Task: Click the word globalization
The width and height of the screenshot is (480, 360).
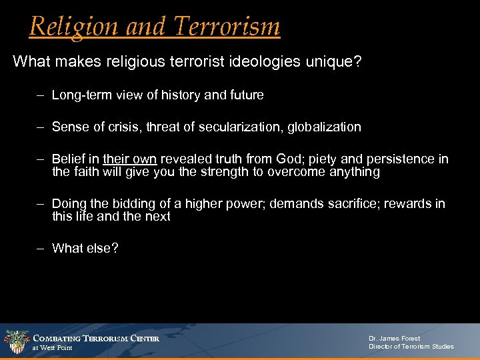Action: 328,127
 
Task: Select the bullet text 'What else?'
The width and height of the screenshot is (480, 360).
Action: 85,248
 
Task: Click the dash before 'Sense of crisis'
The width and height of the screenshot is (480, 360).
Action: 41,127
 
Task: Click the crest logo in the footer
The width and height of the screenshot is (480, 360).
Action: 16,341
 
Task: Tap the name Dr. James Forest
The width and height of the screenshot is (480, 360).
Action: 394,339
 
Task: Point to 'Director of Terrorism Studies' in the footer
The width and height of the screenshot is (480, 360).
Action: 411,347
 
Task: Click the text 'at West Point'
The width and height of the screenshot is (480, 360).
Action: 53,348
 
